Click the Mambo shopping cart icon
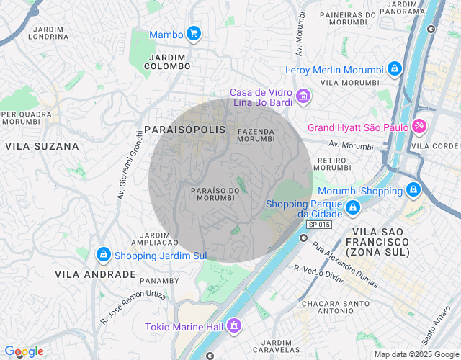193,33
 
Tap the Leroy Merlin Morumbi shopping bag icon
394,69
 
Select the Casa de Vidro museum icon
303,96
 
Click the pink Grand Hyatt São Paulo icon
419,127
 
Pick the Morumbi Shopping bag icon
413,191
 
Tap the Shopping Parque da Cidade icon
352,208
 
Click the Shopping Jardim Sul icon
103,255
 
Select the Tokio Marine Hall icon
233,326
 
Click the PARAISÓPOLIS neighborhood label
185,130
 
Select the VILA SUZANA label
42,146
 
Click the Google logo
24,351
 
